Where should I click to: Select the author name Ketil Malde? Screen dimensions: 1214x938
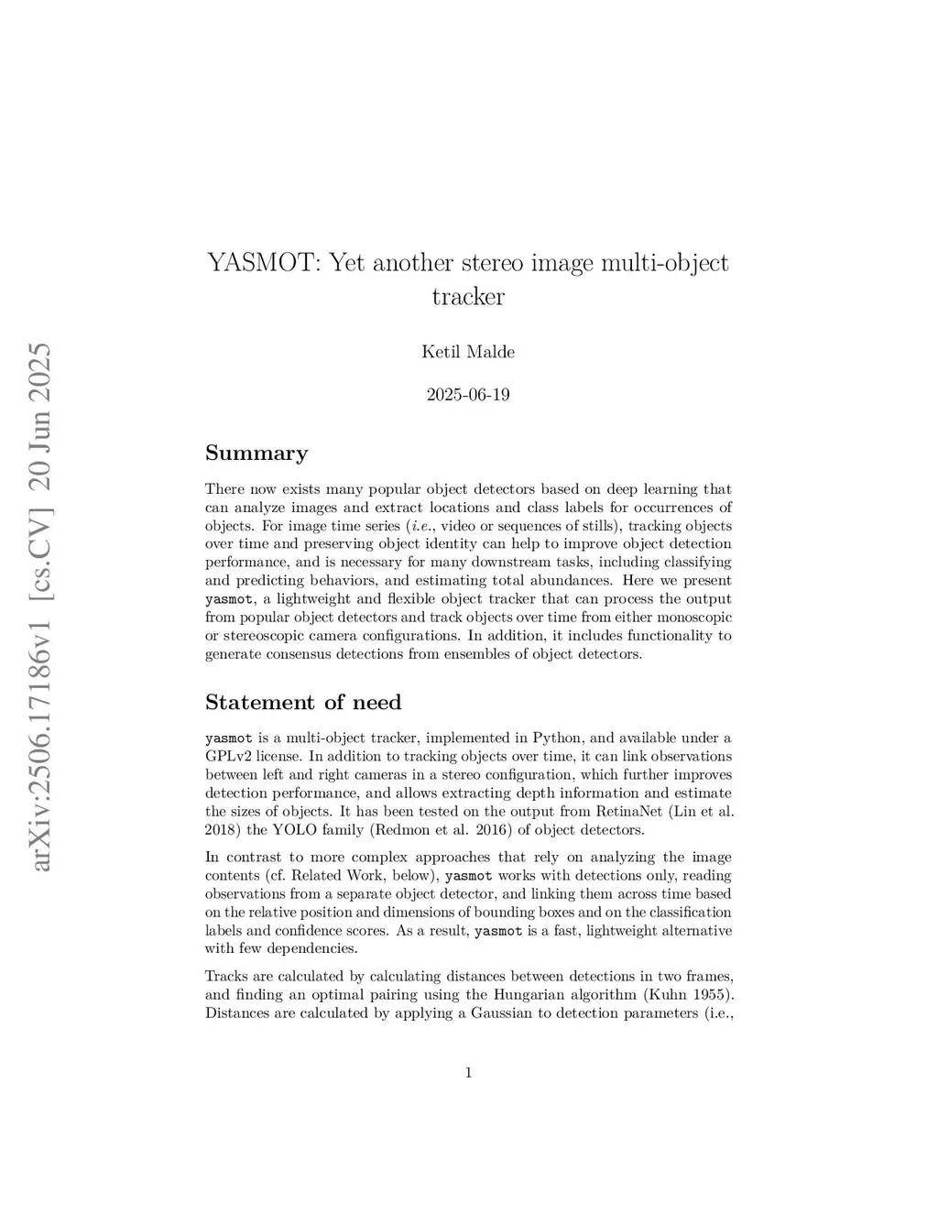tap(468, 352)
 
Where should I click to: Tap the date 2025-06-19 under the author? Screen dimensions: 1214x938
tap(468, 396)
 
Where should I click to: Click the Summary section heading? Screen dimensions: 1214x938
tap(256, 454)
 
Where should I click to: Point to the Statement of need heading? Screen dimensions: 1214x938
tap(303, 703)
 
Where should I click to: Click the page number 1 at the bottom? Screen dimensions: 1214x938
tap(469, 1073)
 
